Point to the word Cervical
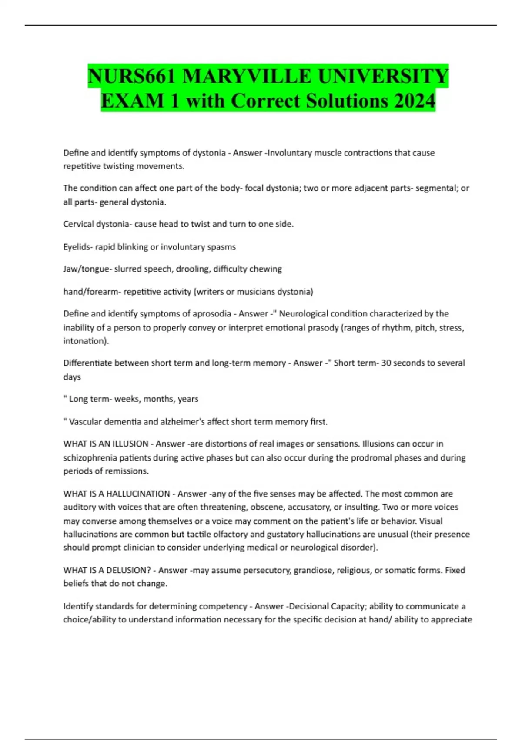point(78,224)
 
